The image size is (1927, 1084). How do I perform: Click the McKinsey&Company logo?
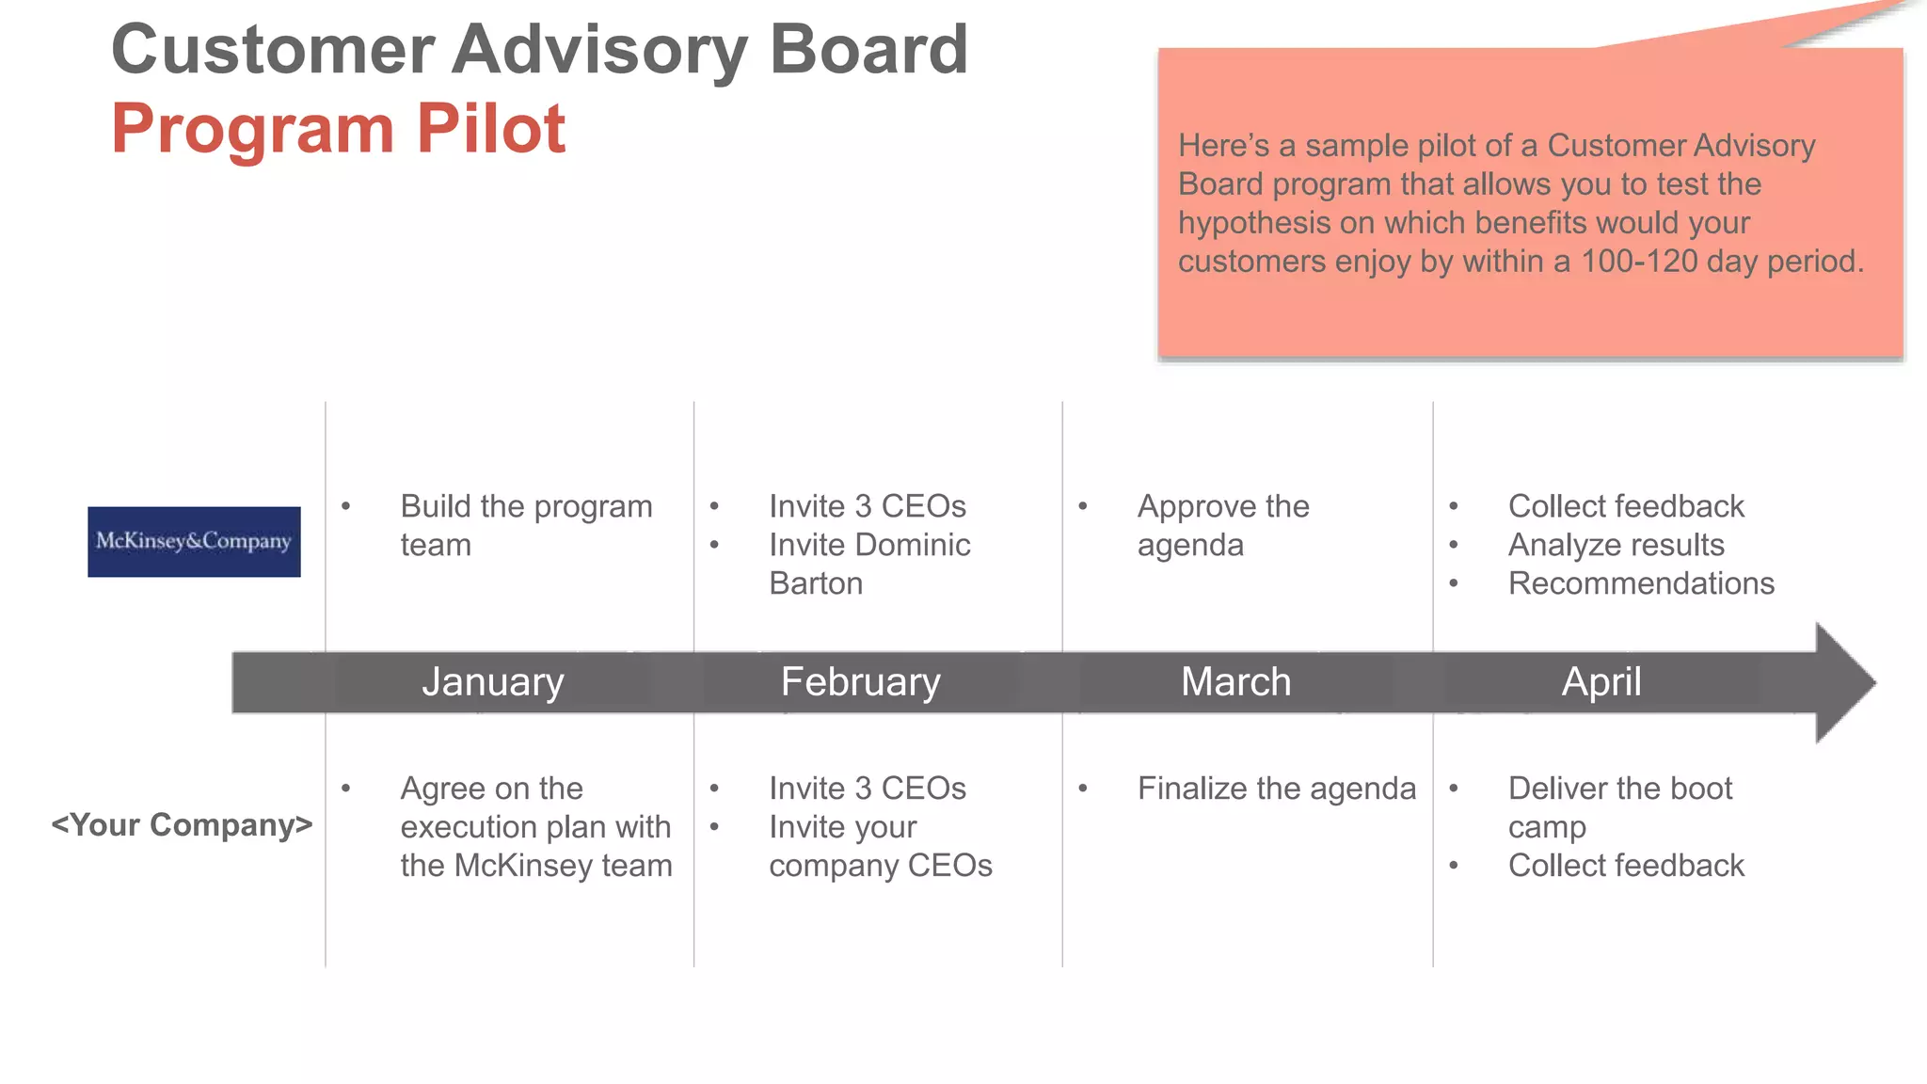194,542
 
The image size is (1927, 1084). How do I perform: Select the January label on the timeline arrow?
492,681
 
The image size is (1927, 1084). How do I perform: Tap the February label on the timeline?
860,681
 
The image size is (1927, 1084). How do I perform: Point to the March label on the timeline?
1235,681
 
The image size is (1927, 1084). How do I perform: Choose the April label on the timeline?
1601,681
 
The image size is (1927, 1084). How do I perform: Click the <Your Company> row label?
182,825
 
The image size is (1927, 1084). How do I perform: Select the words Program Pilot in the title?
339,128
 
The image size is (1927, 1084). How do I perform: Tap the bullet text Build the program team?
525,525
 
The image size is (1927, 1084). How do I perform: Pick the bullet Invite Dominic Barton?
868,564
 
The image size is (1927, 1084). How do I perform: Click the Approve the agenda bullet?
1222,525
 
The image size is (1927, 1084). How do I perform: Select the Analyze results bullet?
1616,545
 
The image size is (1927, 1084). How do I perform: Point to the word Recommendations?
1641,583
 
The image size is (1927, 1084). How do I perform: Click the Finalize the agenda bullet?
1276,789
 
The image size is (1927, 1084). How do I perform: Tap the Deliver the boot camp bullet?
1619,806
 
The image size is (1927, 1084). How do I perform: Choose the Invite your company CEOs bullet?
880,846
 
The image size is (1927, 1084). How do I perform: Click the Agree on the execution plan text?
534,826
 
